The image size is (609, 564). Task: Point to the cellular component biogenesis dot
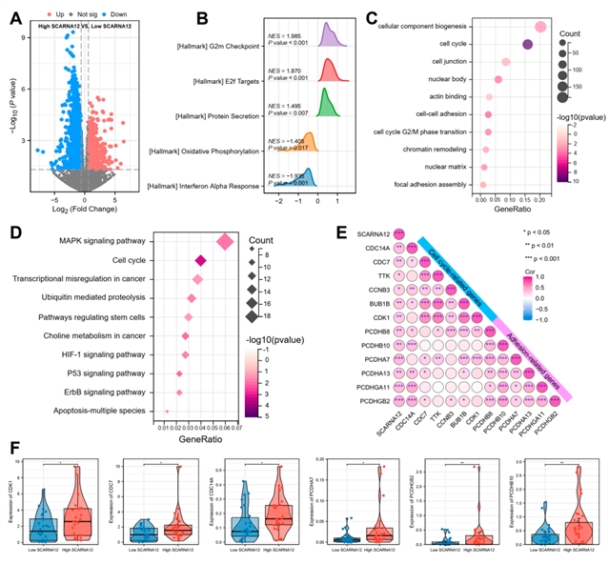[541, 28]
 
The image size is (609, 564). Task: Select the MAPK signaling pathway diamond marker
[226, 242]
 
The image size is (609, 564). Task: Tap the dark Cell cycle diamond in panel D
[201, 260]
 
